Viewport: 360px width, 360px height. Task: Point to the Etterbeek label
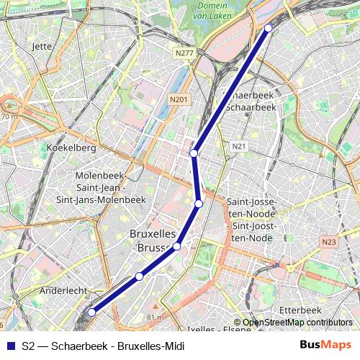[300, 310]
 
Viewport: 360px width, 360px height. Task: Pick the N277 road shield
[184, 53]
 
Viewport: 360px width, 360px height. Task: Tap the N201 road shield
[178, 99]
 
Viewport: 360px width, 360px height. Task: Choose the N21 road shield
[239, 146]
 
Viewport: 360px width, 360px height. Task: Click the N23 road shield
[329, 242]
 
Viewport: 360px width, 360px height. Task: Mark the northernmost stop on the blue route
[269, 28]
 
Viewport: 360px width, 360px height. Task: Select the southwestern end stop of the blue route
[91, 312]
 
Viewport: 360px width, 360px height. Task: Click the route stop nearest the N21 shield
[194, 153]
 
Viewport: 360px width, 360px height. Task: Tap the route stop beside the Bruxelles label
[177, 246]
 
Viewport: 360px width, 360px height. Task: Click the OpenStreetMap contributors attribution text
[297, 323]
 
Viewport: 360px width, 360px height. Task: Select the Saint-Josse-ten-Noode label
[251, 220]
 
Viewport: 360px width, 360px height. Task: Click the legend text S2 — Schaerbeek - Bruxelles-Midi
[103, 346]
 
